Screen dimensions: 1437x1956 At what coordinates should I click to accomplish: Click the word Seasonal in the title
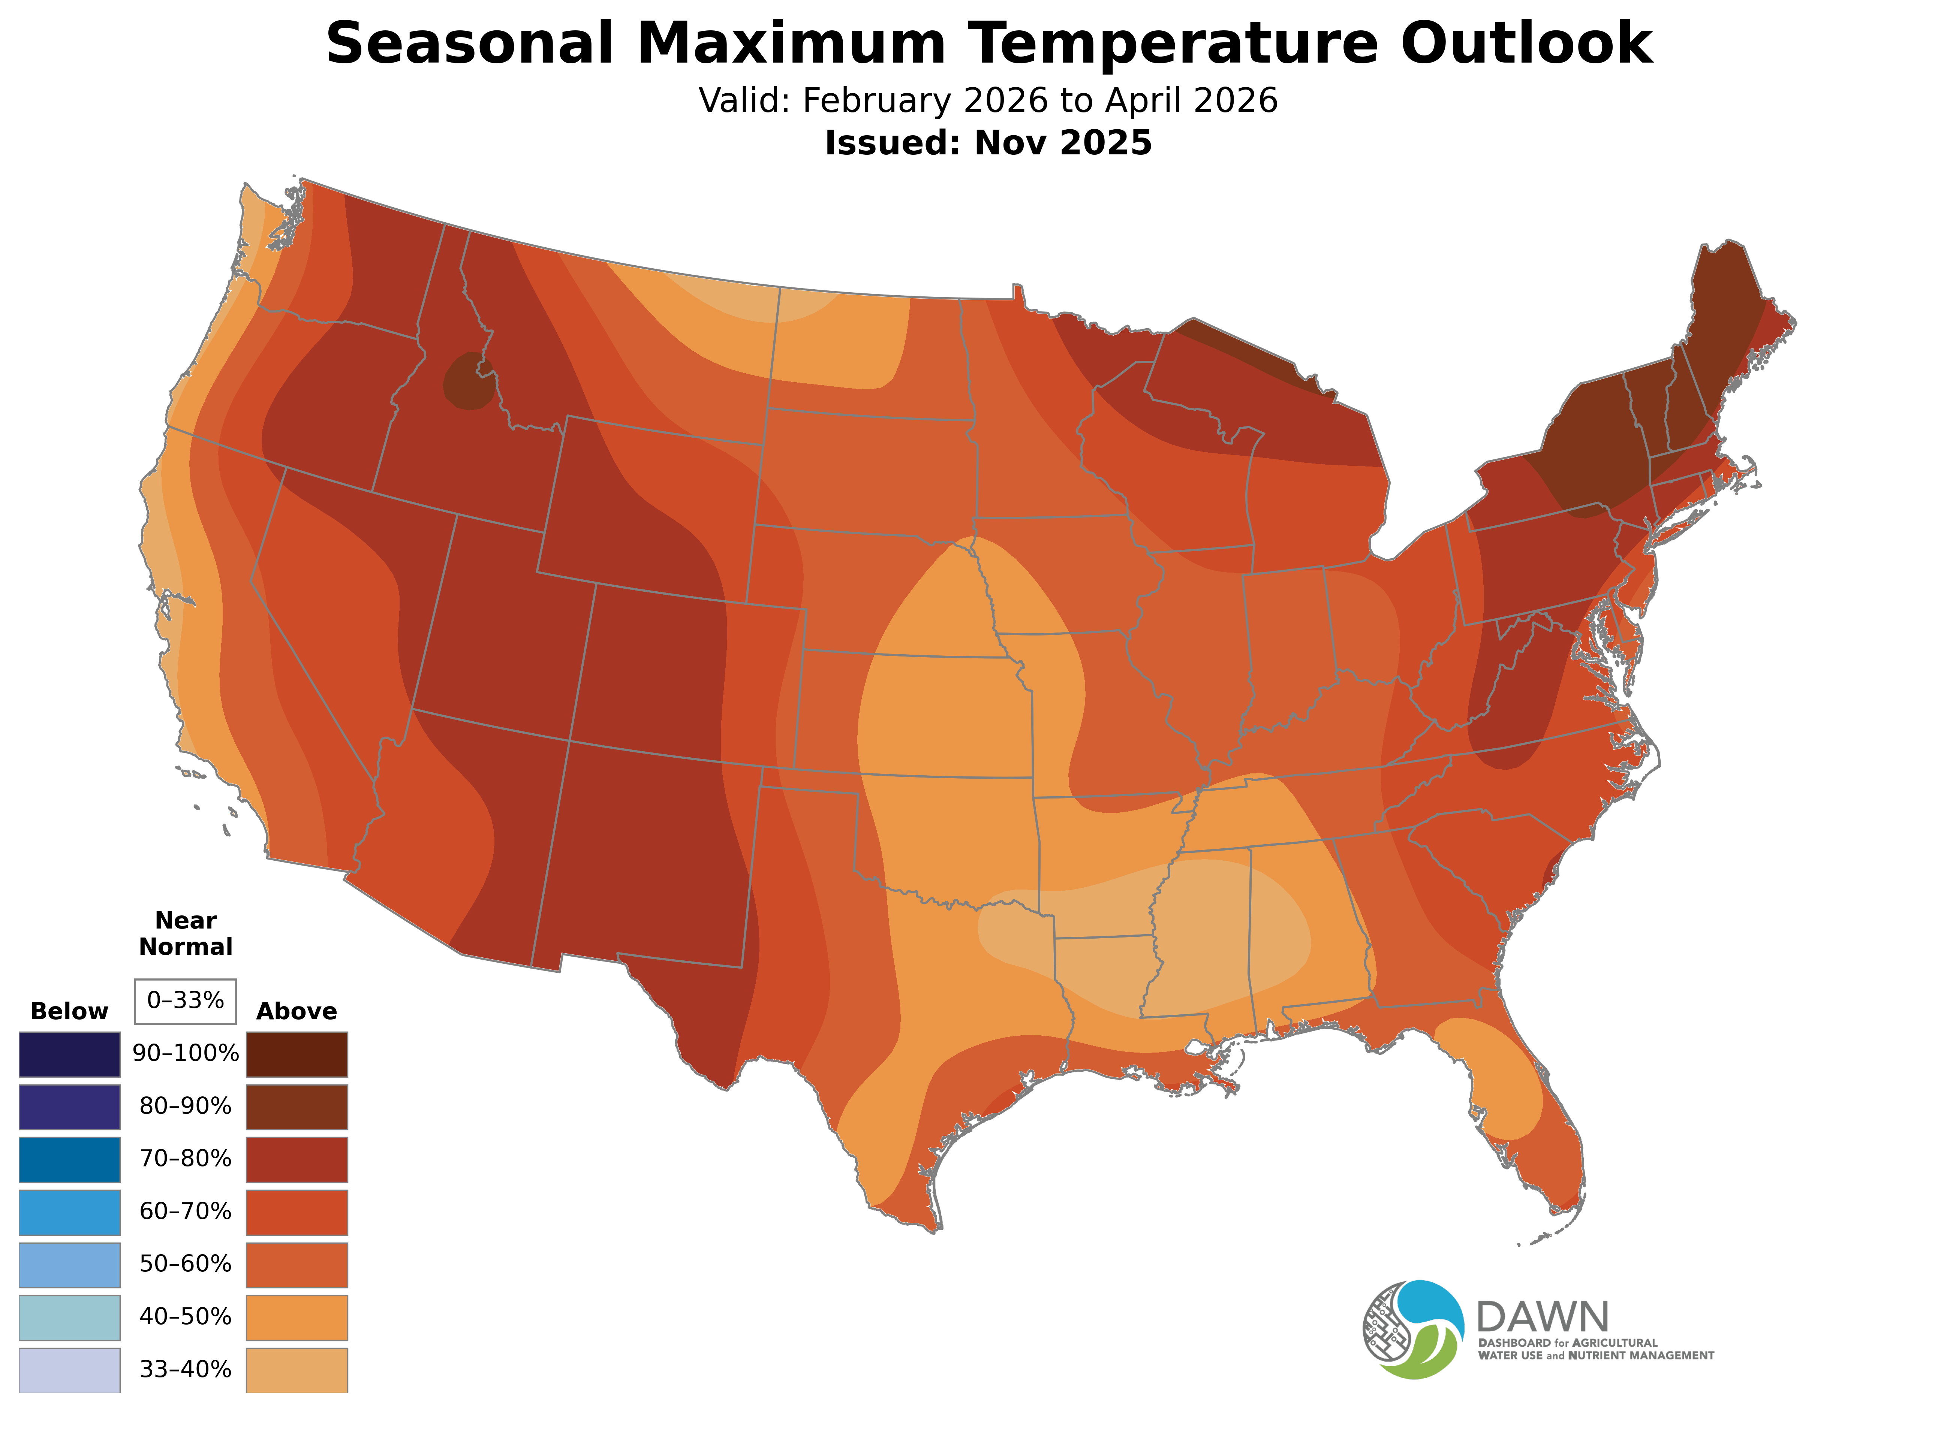(470, 43)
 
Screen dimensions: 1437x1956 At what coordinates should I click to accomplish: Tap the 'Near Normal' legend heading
(185, 933)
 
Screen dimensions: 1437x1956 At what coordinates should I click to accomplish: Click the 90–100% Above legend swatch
(297, 1054)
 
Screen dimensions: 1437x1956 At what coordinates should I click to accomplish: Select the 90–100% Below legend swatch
(70, 1054)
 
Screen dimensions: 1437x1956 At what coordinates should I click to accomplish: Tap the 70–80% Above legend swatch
(297, 1159)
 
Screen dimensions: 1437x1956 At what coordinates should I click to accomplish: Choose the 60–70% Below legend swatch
(70, 1212)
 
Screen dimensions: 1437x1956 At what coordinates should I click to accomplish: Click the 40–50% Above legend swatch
(297, 1317)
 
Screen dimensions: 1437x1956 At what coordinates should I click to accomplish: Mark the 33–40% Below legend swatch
(70, 1370)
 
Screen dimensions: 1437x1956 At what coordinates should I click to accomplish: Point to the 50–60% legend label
(185, 1264)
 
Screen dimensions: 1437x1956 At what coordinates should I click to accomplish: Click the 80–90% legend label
(185, 1107)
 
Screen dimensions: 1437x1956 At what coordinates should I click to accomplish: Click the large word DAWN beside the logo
(1542, 1318)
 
